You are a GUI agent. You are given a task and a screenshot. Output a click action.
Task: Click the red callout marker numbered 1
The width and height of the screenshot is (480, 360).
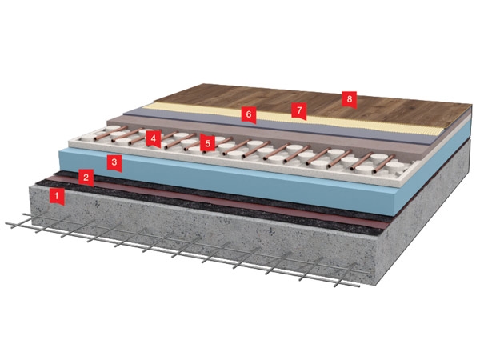coord(57,196)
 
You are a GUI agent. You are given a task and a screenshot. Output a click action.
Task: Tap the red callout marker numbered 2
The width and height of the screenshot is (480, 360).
coord(86,178)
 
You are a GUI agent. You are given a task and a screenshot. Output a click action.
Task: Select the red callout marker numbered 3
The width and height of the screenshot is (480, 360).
coord(114,162)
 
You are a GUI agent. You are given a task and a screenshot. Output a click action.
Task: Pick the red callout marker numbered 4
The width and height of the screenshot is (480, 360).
coord(153,139)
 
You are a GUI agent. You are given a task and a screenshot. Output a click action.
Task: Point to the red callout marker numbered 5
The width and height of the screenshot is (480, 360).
coord(208,143)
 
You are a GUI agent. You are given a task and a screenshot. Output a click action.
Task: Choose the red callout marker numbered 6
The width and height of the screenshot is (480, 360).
coord(249,114)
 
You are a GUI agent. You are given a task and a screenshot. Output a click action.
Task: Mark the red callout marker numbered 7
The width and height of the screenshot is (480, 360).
coord(299,110)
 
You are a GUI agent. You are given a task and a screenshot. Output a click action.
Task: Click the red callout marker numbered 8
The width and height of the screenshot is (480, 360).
coord(350,99)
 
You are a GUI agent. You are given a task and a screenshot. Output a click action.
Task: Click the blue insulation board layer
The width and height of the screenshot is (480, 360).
coord(233,181)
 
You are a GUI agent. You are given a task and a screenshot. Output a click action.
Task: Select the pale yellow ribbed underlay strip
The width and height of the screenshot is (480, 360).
coord(294,120)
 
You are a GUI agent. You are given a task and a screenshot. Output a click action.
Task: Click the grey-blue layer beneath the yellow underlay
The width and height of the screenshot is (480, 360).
coord(275,126)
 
